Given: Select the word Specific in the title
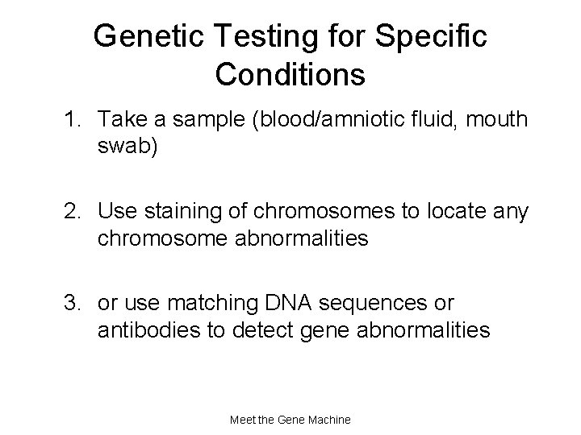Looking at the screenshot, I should click(437, 36).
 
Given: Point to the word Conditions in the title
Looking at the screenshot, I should click(290, 75).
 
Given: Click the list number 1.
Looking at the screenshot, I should click(72, 121).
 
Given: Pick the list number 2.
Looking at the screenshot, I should click(72, 213).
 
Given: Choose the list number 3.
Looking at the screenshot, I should click(72, 304).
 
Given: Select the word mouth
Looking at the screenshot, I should click(495, 121).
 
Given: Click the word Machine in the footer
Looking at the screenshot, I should click(326, 420).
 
